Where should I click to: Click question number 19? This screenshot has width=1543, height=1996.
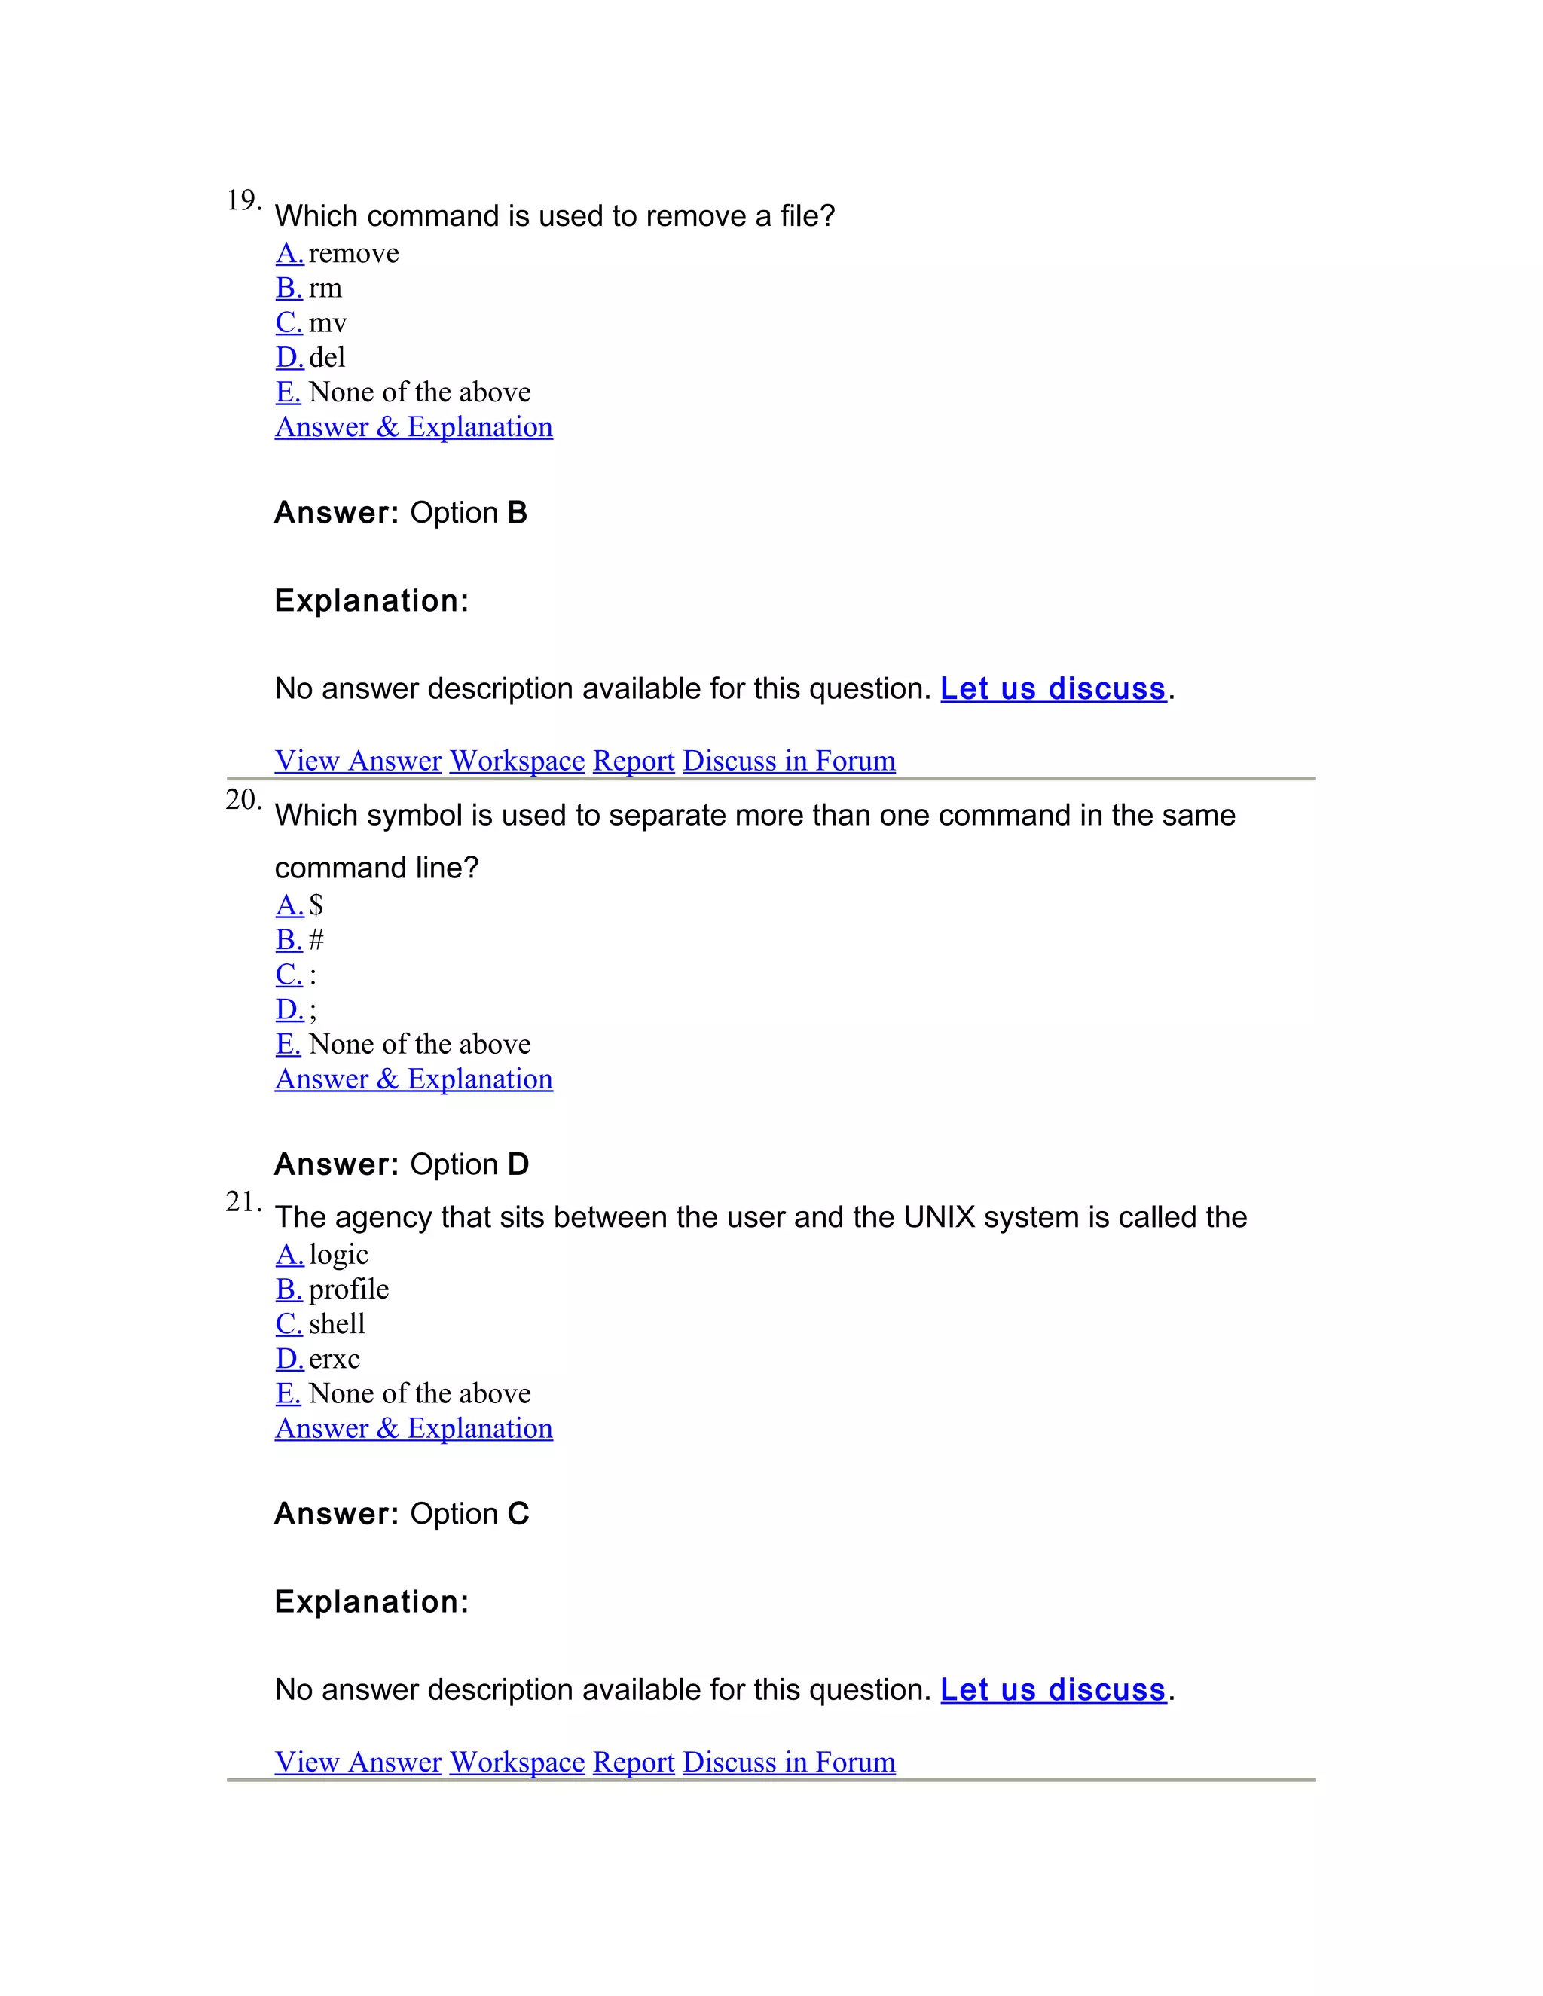(x=243, y=200)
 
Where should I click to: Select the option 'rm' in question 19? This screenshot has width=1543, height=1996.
(x=325, y=288)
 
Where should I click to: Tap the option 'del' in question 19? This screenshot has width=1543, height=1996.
(x=326, y=357)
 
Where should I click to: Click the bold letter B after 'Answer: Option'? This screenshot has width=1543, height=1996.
(x=518, y=513)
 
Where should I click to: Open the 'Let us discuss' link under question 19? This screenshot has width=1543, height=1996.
(x=1053, y=688)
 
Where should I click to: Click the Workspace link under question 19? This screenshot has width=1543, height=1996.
(x=516, y=761)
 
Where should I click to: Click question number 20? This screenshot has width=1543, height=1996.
(x=243, y=800)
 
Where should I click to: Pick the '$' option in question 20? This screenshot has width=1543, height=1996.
(x=316, y=905)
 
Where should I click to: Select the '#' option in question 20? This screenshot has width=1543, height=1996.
(x=316, y=939)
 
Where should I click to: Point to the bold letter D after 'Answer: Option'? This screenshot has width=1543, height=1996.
(x=518, y=1164)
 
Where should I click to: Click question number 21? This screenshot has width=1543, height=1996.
(x=243, y=1202)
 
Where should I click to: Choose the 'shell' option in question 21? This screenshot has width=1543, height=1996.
(x=336, y=1323)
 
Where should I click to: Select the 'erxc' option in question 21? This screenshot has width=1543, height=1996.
(x=334, y=1359)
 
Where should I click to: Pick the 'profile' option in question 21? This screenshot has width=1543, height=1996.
(x=348, y=1289)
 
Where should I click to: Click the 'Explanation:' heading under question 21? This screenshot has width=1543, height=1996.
(x=371, y=1601)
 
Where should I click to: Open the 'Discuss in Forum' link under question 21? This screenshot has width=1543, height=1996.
(x=789, y=1761)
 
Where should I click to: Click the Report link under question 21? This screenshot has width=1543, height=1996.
(x=634, y=1761)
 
